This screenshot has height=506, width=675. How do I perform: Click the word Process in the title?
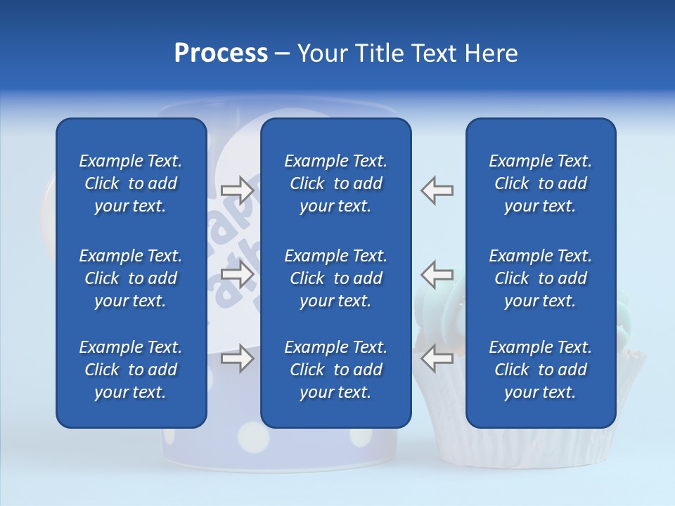[221, 53]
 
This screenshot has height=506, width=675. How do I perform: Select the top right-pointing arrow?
[237, 190]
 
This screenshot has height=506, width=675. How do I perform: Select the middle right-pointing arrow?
[237, 274]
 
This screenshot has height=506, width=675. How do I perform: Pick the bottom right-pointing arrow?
[237, 358]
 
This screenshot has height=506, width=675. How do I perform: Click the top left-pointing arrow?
[437, 190]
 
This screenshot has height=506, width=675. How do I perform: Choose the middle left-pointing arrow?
[437, 274]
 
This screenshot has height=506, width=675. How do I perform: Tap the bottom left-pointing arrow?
[437, 358]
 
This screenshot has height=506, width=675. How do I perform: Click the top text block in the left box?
[131, 183]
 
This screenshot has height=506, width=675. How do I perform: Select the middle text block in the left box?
[131, 278]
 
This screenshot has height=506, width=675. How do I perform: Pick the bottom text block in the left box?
[131, 370]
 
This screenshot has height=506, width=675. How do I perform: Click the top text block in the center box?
[336, 183]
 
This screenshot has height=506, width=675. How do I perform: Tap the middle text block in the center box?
[336, 278]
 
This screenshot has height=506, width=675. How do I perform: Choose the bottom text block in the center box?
[336, 370]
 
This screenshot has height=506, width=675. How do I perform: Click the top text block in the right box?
[541, 183]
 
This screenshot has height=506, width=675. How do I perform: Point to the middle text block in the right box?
[541, 278]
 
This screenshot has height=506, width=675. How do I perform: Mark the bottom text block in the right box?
[541, 370]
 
